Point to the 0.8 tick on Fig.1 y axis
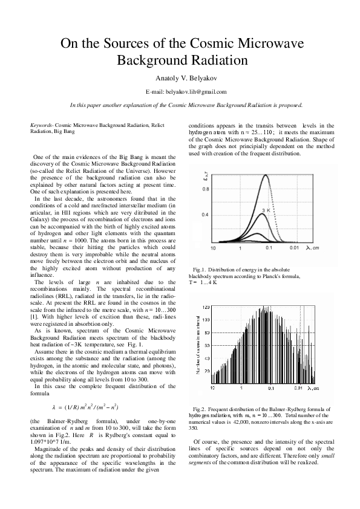click(x=205, y=189)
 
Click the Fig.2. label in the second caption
click(x=200, y=409)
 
